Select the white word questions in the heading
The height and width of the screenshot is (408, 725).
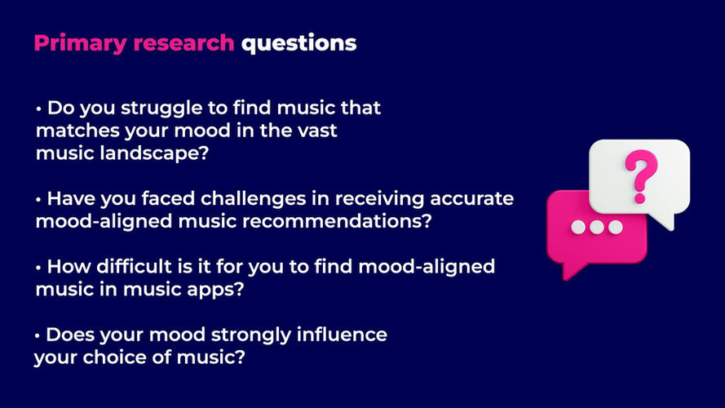pyautogui.click(x=298, y=43)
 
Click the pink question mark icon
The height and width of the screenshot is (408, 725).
pyautogui.click(x=639, y=173)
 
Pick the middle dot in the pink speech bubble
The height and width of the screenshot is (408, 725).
pyautogui.click(x=599, y=226)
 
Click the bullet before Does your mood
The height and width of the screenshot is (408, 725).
pyautogui.click(x=38, y=335)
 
